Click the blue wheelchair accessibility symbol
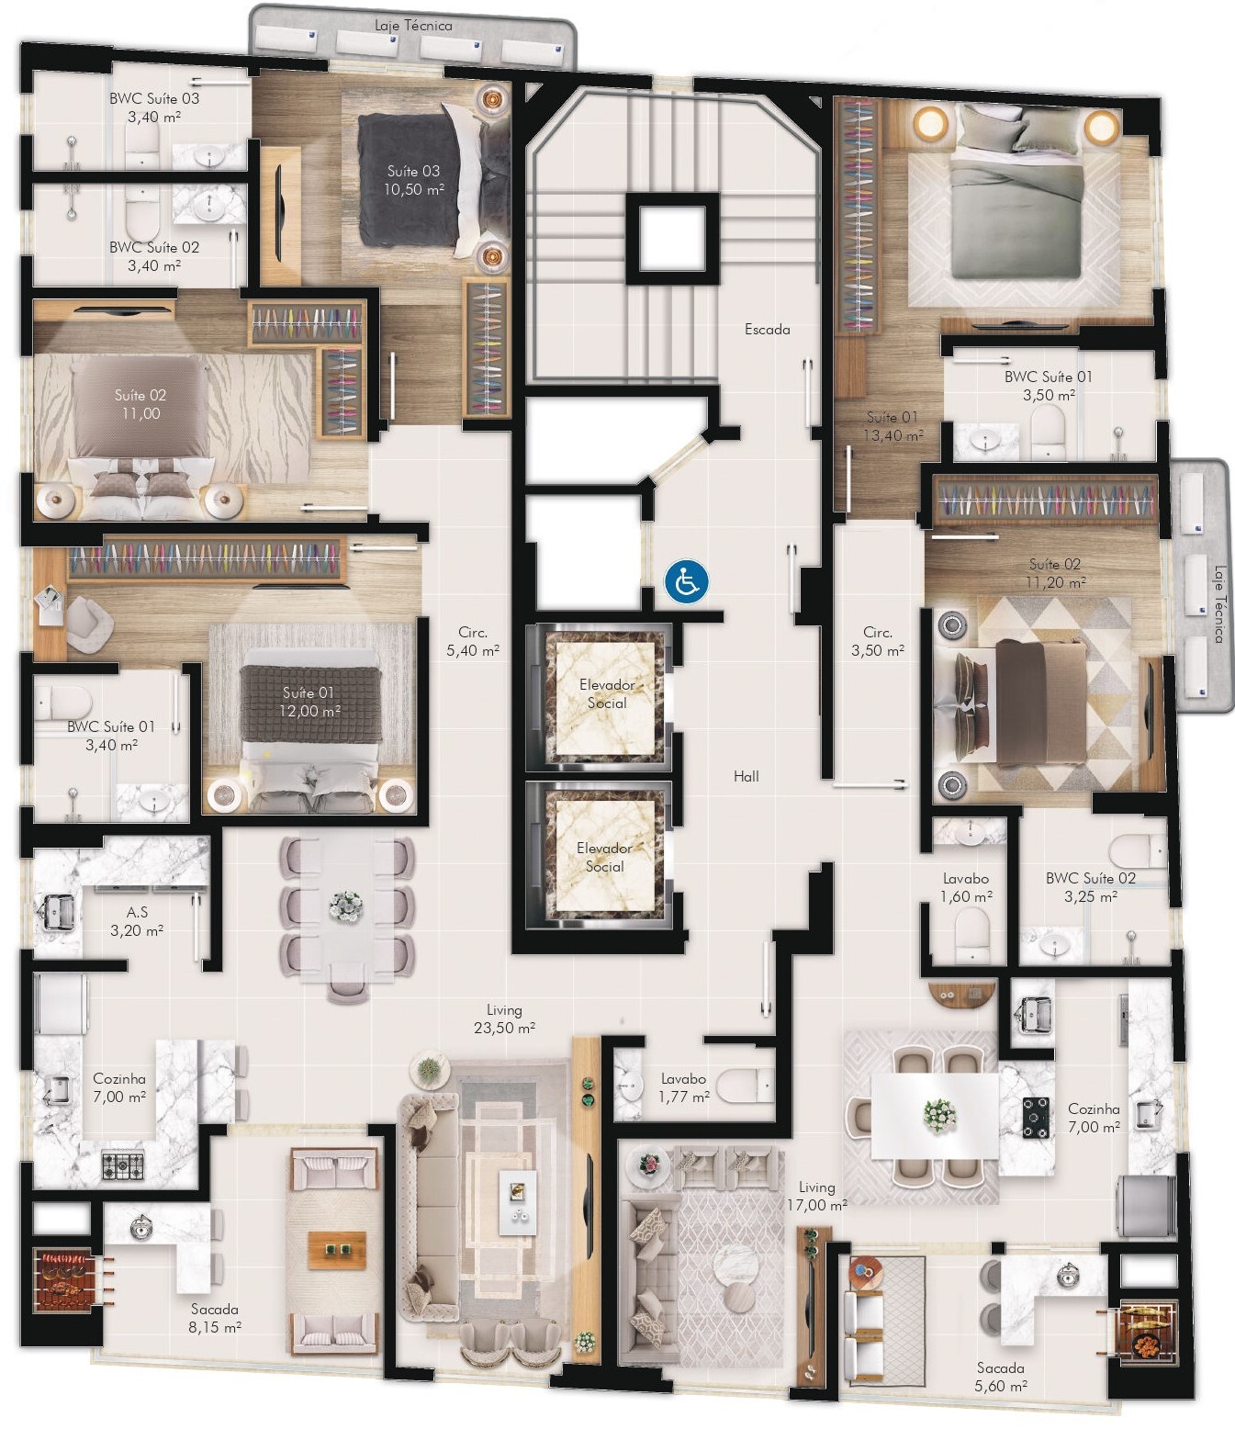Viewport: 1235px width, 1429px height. click(x=687, y=582)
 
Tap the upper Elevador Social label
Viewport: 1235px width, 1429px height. click(x=606, y=693)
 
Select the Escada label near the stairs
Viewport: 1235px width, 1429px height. click(x=767, y=329)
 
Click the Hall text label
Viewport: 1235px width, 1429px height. click(x=746, y=776)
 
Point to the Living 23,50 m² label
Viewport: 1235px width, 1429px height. click(x=504, y=1018)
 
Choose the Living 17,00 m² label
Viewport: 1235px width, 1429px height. click(x=816, y=1196)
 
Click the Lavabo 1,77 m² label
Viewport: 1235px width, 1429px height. click(x=683, y=1087)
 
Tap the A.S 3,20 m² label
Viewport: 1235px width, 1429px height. click(x=137, y=921)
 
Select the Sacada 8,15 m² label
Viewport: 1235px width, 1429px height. click(x=215, y=1318)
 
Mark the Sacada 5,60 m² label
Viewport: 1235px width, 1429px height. click(x=1000, y=1377)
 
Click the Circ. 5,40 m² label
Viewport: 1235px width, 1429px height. click(x=473, y=641)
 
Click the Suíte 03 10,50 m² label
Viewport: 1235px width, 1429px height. click(x=413, y=180)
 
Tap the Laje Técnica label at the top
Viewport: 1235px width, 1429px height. click(x=413, y=26)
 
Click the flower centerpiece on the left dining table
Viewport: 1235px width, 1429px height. click(x=346, y=906)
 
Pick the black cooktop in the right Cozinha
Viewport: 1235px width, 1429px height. click(x=1036, y=1118)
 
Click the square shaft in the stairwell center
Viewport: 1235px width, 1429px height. click(x=672, y=238)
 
